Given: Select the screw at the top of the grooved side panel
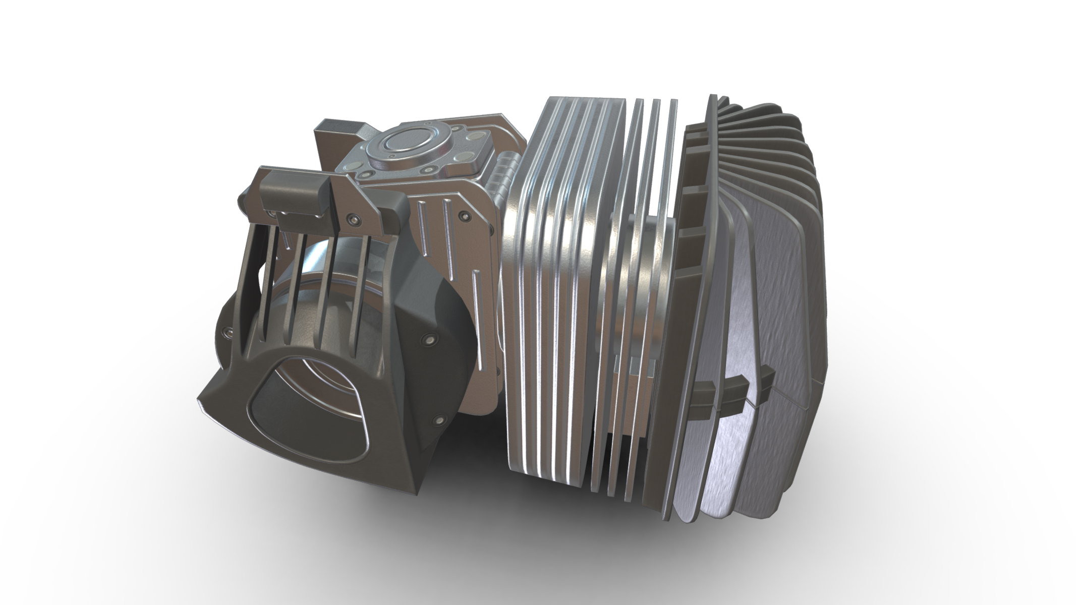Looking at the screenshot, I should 464,216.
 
